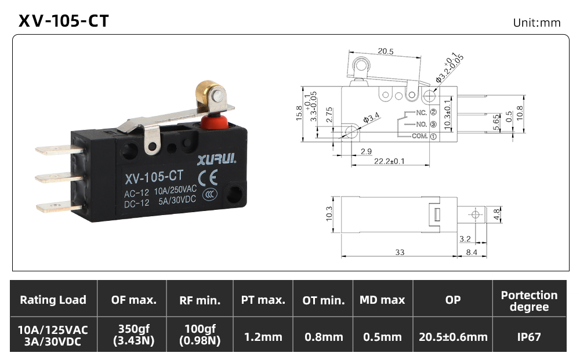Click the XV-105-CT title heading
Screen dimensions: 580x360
point(64,21)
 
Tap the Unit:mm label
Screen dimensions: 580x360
point(536,23)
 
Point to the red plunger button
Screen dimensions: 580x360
point(215,121)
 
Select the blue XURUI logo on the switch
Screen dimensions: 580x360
point(217,159)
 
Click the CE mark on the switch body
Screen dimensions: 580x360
point(208,178)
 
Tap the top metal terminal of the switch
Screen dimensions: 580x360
point(59,150)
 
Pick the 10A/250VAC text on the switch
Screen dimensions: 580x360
point(175,190)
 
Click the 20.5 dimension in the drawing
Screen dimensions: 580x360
point(386,52)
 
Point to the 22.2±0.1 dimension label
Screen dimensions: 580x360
point(389,161)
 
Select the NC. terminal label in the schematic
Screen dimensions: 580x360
point(421,112)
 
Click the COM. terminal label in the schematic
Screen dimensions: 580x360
point(420,136)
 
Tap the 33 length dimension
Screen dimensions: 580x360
point(400,252)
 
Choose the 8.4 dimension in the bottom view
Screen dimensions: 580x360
point(472,252)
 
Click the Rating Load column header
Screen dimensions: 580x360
point(53,300)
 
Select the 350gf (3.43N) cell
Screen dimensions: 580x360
point(133,334)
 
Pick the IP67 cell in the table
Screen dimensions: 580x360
point(529,337)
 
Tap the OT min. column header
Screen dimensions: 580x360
point(323,300)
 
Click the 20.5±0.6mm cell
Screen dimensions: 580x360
point(453,337)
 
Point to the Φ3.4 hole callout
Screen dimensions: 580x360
point(371,118)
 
